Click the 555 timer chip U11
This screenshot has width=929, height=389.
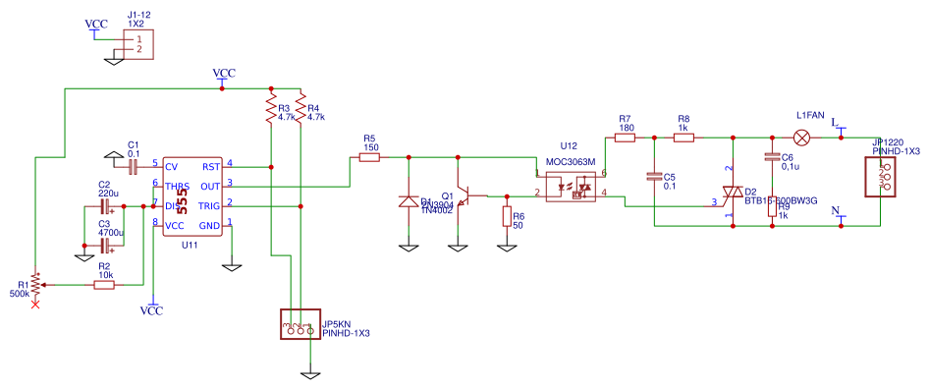pos(192,195)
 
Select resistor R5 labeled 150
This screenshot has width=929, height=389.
pos(369,156)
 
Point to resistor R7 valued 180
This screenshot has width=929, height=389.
pos(625,139)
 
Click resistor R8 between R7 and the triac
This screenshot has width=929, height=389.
pos(683,139)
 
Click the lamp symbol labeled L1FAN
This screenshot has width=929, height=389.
pos(802,138)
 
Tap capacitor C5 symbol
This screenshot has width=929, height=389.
pos(654,178)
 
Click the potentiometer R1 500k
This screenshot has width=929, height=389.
pos(35,285)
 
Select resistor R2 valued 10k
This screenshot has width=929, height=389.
pos(104,285)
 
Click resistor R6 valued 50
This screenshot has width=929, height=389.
pos(507,216)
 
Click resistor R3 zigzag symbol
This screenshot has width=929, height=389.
pos(270,109)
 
